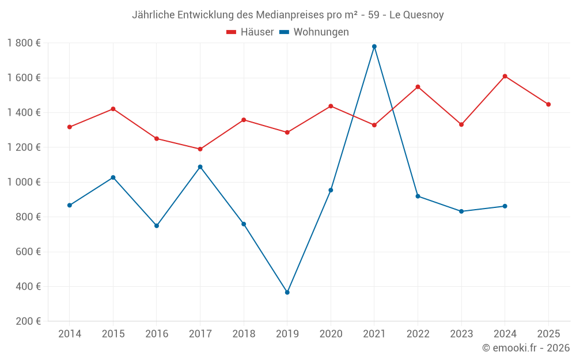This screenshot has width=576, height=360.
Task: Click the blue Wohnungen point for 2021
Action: tap(374, 47)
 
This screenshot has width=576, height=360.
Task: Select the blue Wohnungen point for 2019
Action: tap(287, 293)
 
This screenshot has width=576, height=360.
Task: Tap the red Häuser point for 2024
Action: tap(505, 76)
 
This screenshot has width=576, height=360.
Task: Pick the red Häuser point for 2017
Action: tap(200, 149)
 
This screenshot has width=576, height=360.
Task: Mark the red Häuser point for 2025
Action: tap(548, 104)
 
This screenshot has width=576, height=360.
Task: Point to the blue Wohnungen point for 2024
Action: tap(505, 206)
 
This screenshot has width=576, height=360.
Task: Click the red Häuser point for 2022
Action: tap(418, 87)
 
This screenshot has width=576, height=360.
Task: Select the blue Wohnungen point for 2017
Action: tap(200, 167)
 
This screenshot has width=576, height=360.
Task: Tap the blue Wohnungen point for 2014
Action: tap(70, 205)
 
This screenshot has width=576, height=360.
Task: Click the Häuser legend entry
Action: tap(250, 32)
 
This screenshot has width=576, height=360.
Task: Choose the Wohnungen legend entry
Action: tap(314, 32)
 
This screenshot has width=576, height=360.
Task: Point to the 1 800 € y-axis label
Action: tap(24, 43)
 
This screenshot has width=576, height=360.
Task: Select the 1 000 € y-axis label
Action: tap(24, 182)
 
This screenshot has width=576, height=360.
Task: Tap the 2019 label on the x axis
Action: tap(287, 334)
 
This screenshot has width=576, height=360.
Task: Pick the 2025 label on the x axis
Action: tap(548, 334)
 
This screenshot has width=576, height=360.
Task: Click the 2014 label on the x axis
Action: tap(70, 334)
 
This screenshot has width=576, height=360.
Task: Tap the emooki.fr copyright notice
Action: tap(526, 348)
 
